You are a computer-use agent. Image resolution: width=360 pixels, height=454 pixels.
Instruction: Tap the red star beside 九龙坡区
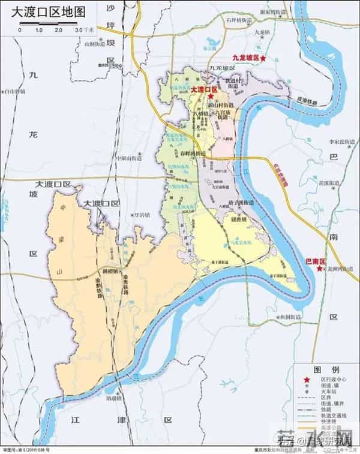tap(263, 58)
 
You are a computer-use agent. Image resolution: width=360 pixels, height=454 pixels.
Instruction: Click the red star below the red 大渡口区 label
tap(211, 95)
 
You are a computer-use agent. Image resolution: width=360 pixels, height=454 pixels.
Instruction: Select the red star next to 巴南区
tap(317, 270)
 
